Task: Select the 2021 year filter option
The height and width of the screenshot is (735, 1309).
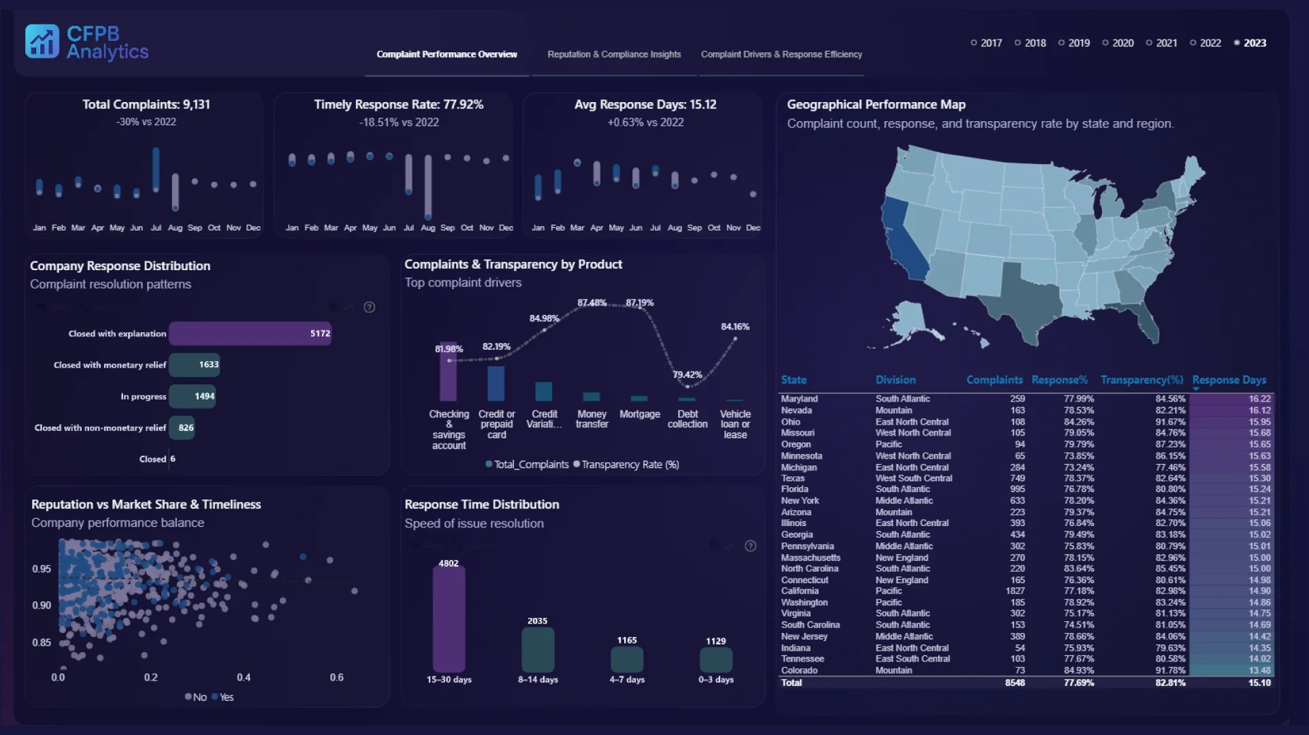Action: point(1161,43)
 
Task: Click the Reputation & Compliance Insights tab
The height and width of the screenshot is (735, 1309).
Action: point(614,54)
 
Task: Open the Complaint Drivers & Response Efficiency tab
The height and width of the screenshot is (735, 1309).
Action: point(781,54)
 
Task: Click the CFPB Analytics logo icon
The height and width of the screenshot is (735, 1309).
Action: point(42,42)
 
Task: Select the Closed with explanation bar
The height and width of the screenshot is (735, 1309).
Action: point(250,333)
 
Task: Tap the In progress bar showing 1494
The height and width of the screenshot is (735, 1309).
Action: point(193,396)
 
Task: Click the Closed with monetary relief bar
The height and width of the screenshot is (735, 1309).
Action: point(195,365)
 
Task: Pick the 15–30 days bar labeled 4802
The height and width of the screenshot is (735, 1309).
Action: point(449,619)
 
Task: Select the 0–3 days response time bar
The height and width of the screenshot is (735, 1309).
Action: point(716,659)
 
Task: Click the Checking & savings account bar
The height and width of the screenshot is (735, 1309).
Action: point(449,372)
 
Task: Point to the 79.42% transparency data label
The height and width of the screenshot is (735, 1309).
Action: point(687,375)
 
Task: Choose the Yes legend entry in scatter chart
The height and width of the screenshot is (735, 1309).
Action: point(223,698)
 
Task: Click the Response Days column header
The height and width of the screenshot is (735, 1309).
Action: point(1229,380)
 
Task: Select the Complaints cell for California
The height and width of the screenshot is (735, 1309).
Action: point(1015,591)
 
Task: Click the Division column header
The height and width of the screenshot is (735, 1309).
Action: point(895,380)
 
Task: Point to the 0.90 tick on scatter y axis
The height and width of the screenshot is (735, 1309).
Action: point(42,606)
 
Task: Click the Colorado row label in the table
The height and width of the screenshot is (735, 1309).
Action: point(799,670)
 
